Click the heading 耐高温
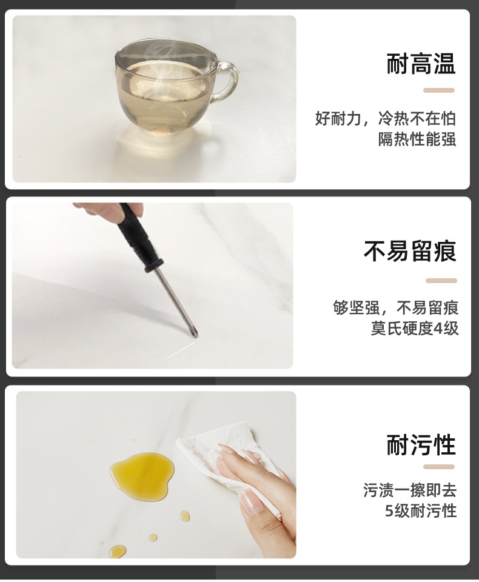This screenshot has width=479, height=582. pyautogui.click(x=421, y=64)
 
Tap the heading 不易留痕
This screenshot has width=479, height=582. pyautogui.click(x=410, y=251)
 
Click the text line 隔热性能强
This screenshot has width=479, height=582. pyautogui.click(x=417, y=139)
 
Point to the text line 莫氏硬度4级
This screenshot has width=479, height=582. pyautogui.click(x=415, y=328)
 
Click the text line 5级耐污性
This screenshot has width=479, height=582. pyautogui.click(x=420, y=510)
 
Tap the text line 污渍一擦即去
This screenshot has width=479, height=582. pyautogui.click(x=410, y=489)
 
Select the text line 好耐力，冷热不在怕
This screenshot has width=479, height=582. pyautogui.click(x=386, y=118)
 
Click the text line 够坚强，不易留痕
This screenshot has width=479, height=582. pyautogui.click(x=396, y=307)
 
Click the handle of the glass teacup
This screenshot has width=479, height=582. pyautogui.click(x=228, y=81)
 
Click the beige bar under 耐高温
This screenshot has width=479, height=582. pyautogui.click(x=438, y=90)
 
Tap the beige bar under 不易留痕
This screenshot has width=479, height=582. pyautogui.click(x=441, y=281)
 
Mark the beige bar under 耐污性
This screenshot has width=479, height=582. pyautogui.click(x=438, y=467)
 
